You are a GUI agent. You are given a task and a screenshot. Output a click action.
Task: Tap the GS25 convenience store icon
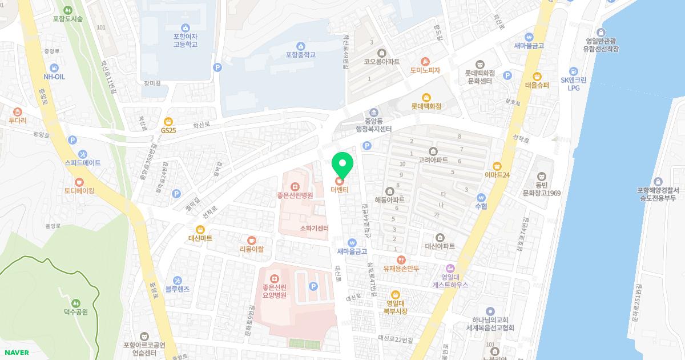click(x=168, y=121)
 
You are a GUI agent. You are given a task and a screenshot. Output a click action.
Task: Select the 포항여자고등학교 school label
click(x=185, y=40)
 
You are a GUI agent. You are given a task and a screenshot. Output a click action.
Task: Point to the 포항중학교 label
click(x=300, y=55)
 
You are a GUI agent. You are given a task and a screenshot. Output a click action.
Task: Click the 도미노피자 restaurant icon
click(x=425, y=61)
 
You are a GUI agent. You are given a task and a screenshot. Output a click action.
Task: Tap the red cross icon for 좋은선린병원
click(x=295, y=186)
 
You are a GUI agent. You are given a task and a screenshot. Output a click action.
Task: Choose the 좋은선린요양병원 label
click(x=274, y=291)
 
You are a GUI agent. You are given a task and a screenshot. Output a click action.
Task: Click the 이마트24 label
click(x=497, y=175)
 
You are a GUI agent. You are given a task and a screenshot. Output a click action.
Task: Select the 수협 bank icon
click(x=481, y=197)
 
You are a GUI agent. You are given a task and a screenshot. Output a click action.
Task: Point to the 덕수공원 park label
click(x=75, y=312)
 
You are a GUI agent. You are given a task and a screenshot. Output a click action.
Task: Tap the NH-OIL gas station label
click(x=54, y=76)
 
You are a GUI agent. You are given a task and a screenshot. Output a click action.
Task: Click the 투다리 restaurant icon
click(x=17, y=111)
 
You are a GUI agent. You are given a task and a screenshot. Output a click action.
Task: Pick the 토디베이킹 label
click(x=79, y=190)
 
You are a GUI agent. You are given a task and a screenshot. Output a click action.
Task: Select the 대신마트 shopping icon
click(x=200, y=229)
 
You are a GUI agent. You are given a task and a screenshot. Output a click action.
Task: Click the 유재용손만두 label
click(x=401, y=268)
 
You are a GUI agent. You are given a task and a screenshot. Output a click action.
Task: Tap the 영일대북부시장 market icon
click(x=395, y=295)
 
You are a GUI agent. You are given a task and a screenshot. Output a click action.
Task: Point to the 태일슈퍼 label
click(x=537, y=85)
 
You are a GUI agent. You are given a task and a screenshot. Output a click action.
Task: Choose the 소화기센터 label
click(x=314, y=229)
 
